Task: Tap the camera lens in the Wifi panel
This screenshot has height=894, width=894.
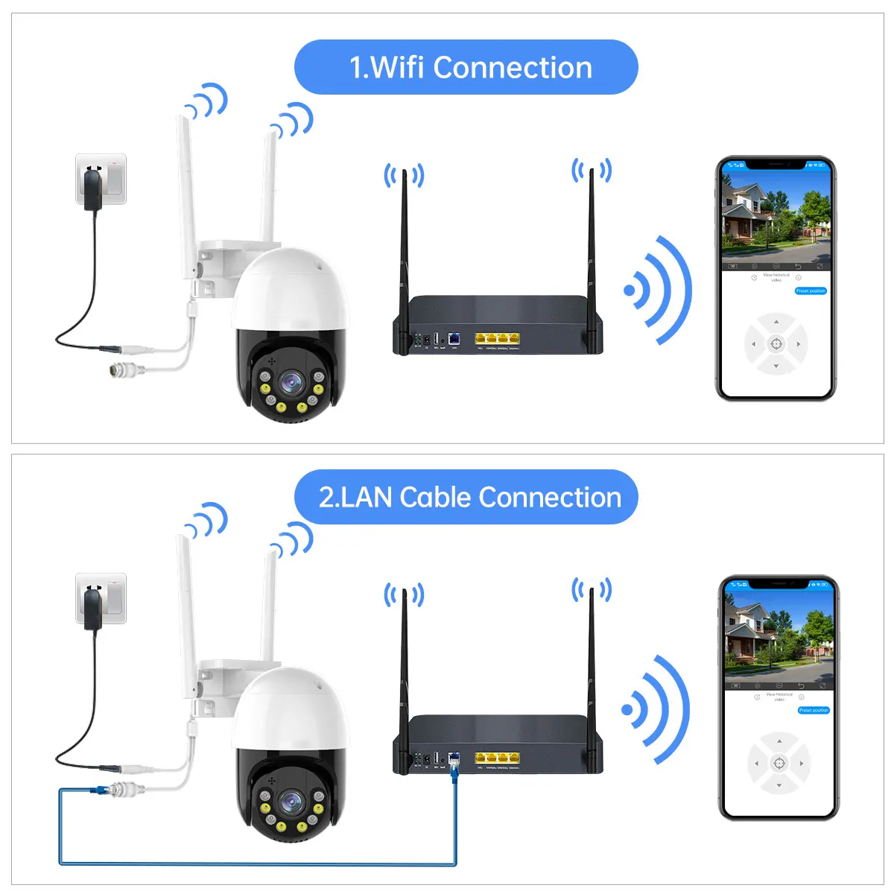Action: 288,383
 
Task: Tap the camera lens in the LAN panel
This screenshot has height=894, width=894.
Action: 288,802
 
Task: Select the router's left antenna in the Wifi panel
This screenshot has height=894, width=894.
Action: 404,253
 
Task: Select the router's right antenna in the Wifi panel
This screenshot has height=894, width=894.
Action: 592,253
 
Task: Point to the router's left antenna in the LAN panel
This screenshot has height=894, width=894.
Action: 404,670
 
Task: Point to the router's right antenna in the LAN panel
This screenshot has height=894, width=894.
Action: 592,670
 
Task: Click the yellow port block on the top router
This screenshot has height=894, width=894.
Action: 497,339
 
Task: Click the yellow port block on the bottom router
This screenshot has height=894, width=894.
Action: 497,758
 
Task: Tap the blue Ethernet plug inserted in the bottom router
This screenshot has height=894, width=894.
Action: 454,764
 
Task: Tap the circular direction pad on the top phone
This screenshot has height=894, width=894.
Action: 776,343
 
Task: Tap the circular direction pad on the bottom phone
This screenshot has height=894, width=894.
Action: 779,763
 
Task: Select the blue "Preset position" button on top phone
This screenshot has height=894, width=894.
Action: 811,291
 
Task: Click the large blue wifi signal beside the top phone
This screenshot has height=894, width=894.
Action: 659,291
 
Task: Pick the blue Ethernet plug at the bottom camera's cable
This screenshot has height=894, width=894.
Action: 98,790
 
